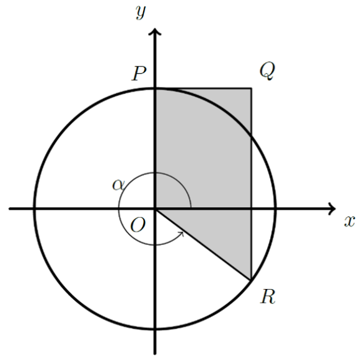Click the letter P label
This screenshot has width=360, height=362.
pos(139,74)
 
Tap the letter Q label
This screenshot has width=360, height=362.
pos(267,71)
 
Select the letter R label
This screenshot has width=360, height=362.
pos(268,296)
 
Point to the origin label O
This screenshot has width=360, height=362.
pos(138,225)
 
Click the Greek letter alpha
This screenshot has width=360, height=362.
pos(118,185)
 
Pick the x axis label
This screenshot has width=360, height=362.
pos(349,222)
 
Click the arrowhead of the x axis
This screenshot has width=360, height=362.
pos(332,209)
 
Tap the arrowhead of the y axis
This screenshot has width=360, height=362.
pos(155,32)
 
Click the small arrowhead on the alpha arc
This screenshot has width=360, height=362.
pos(182,234)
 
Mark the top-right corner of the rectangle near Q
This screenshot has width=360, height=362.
pos(252,88)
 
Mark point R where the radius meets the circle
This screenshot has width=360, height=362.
pos(250,280)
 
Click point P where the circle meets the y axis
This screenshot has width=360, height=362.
pos(155,88)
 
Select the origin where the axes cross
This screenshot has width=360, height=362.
pos(155,209)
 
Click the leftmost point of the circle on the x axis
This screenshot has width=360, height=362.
pos(35,209)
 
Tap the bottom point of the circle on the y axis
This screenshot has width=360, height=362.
pos(155,329)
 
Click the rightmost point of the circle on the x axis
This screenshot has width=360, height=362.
pos(275,209)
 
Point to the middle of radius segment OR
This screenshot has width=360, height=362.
pos(203,244)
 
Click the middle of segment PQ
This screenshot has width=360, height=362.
pos(203,88)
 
